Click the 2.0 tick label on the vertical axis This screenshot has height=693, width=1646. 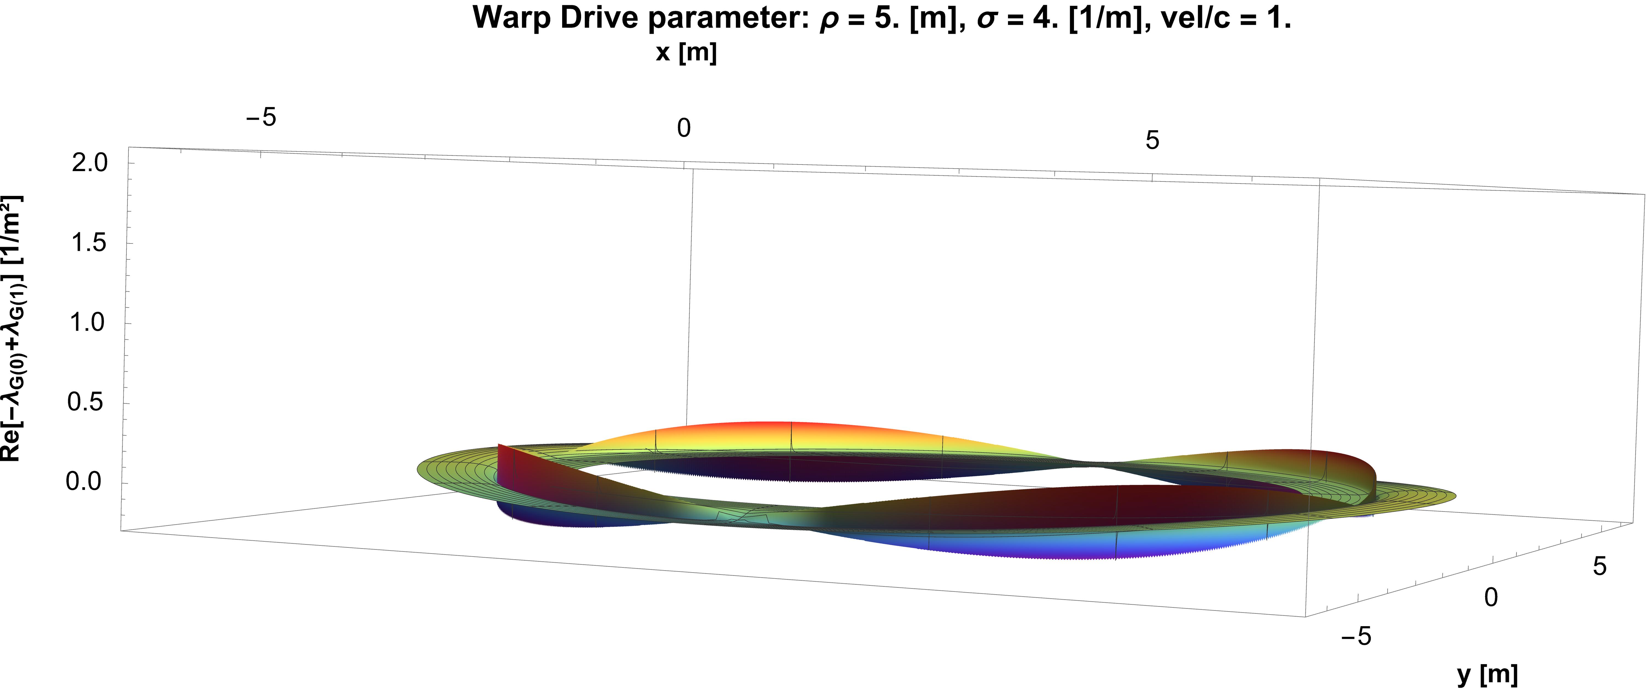tap(90, 163)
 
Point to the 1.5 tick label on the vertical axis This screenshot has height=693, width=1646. tap(90, 243)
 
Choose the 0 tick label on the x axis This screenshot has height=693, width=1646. tap(684, 128)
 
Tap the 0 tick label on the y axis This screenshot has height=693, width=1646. tap(1491, 597)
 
